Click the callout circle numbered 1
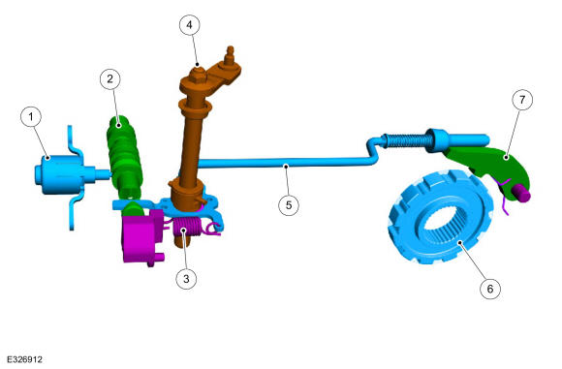tap(31, 117)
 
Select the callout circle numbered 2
tap(110, 78)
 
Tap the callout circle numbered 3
tap(186, 278)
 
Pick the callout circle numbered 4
tap(189, 25)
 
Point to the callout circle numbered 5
tap(289, 205)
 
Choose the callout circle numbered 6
tap(490, 289)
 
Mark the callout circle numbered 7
tap(522, 100)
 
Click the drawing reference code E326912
tap(24, 359)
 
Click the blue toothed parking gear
tap(440, 218)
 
